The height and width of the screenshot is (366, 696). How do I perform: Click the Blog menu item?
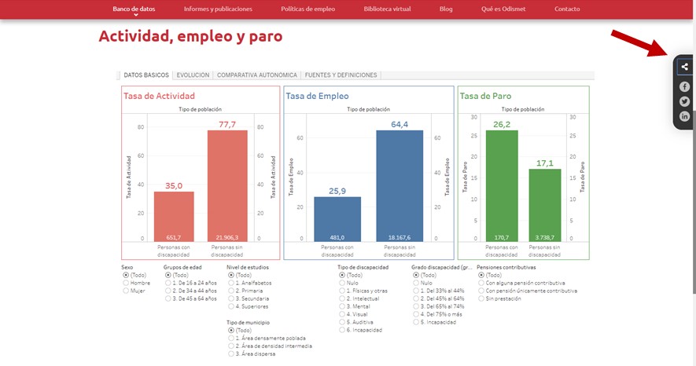coord(446,9)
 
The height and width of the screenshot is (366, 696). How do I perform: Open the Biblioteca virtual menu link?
coord(388,9)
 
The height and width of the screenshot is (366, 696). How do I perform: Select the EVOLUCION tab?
coord(193,75)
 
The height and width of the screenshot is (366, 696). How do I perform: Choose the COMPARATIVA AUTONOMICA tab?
coord(257,75)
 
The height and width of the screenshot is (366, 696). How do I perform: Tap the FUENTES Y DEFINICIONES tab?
coord(341,75)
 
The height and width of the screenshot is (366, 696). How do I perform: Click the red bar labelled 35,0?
coord(174,216)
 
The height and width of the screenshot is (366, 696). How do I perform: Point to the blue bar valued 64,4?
coord(400,185)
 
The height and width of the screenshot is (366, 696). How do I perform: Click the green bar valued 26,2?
coord(502,185)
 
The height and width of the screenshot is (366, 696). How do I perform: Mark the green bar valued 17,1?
coord(544,205)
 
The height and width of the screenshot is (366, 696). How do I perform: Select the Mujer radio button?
coord(126,291)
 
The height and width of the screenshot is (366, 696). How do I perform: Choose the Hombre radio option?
coord(126,284)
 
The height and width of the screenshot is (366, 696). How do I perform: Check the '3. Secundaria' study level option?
coord(231,299)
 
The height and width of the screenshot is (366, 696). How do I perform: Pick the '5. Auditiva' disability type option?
coord(341,322)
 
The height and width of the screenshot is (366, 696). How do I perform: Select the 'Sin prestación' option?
coord(481,299)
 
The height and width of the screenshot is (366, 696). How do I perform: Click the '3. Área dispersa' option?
coord(231,353)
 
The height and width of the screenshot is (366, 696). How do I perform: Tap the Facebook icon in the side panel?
coord(684,86)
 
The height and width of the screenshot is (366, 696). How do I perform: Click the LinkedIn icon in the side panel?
coord(684,116)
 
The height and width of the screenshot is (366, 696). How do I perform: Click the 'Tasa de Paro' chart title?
coord(484,96)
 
